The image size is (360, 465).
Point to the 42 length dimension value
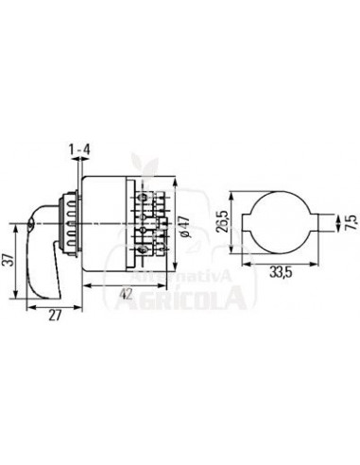click(x=126, y=295)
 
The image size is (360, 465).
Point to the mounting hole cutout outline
click(x=283, y=226)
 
